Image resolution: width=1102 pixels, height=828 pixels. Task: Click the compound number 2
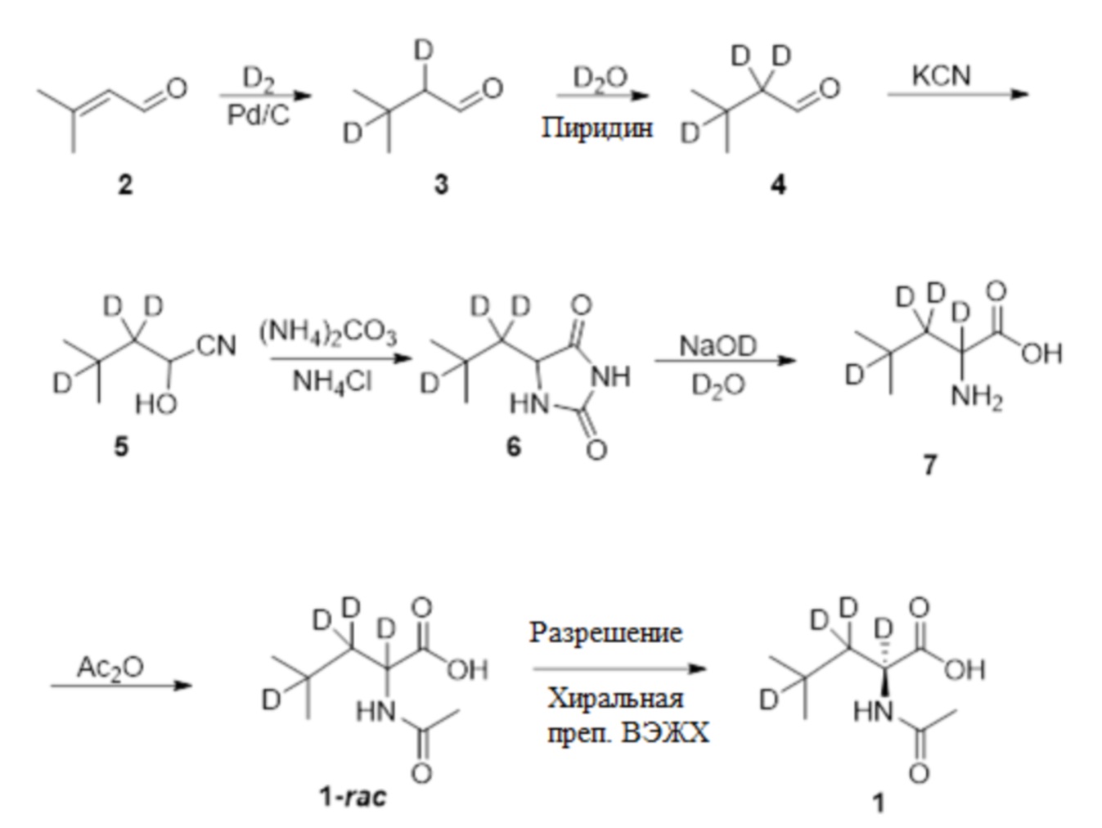(x=124, y=185)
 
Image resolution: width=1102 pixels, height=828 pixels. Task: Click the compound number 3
(x=441, y=185)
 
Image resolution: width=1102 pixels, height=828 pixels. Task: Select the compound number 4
(x=777, y=185)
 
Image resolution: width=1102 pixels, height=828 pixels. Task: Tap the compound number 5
(x=121, y=447)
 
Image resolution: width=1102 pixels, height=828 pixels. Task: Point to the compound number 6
(x=513, y=447)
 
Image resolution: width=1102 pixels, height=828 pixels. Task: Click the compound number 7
(x=929, y=465)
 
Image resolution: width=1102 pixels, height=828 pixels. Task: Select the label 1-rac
(x=353, y=796)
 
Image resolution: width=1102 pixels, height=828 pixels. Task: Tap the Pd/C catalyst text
(x=258, y=115)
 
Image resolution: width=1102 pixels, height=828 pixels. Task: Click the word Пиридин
(x=597, y=128)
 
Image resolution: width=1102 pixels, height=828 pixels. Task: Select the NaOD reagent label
(x=718, y=346)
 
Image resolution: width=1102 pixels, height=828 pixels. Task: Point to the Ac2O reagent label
(x=110, y=667)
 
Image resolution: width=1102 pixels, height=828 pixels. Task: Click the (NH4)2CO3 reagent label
(x=328, y=333)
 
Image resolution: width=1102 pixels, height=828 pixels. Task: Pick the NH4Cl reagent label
(x=331, y=382)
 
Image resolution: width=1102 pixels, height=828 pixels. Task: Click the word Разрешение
(x=605, y=632)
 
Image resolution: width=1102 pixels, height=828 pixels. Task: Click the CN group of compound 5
(x=216, y=346)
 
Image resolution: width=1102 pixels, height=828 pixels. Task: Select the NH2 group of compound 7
(x=977, y=398)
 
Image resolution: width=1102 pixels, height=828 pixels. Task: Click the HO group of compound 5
(x=155, y=403)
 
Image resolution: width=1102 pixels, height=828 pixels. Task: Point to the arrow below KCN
(x=957, y=94)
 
